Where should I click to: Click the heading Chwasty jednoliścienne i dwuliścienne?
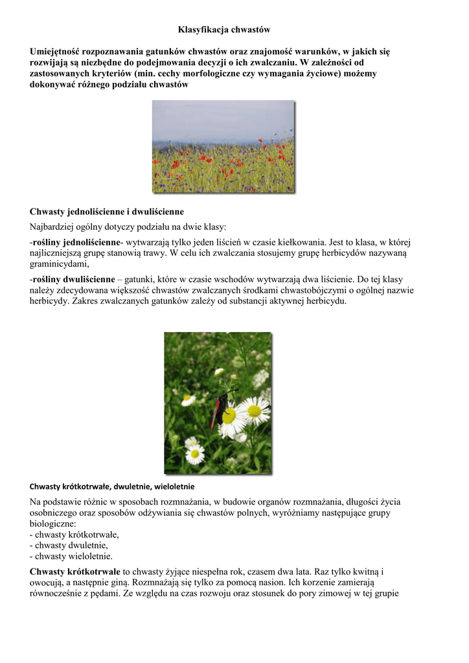point(107,212)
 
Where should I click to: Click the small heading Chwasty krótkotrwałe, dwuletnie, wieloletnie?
point(112,486)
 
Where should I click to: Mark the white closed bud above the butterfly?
point(219,372)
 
